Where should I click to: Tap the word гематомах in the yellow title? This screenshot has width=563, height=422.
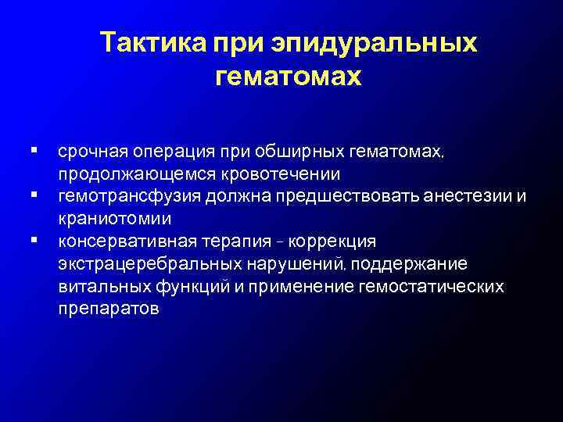pos(287,77)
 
